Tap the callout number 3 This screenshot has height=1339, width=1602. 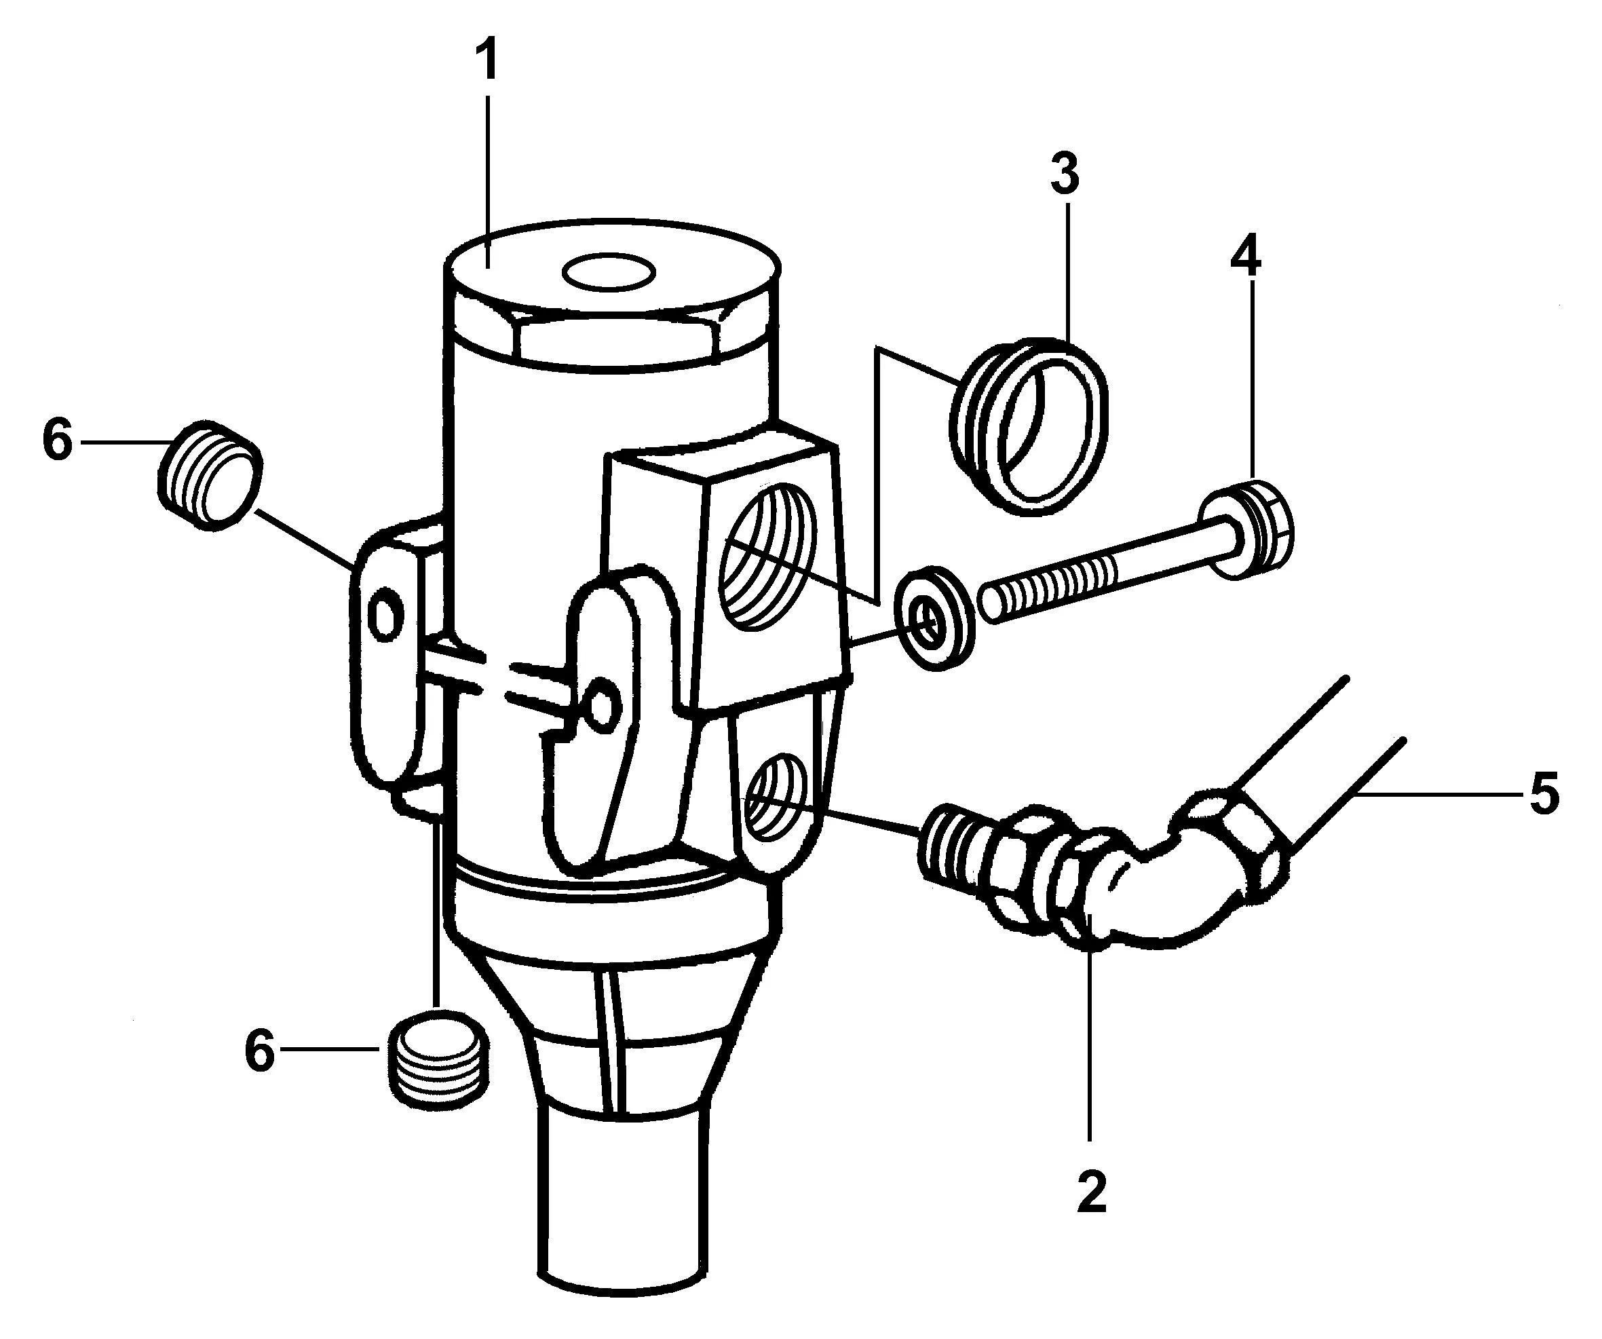pyautogui.click(x=1065, y=174)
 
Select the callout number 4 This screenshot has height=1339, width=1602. pyautogui.click(x=1245, y=258)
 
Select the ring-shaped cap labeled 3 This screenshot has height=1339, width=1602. pyautogui.click(x=1030, y=421)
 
